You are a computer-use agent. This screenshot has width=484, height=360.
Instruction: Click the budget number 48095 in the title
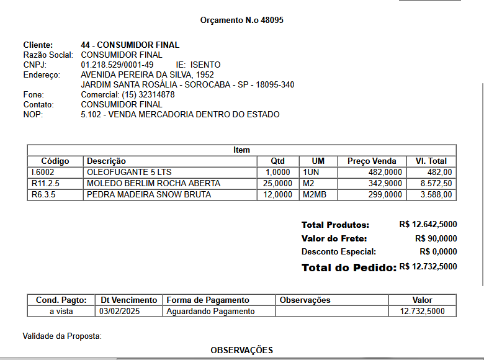pyautogui.click(x=272, y=20)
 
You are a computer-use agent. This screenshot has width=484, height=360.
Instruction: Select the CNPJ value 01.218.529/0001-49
pyautogui.click(x=117, y=65)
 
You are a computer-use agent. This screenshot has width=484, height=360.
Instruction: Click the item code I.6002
pyautogui.click(x=43, y=172)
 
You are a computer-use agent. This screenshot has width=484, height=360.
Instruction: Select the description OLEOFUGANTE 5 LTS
pyautogui.click(x=128, y=172)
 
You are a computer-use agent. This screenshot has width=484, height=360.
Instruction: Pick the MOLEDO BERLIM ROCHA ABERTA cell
pyautogui.click(x=153, y=183)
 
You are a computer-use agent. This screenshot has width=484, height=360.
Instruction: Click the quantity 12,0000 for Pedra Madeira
pyautogui.click(x=277, y=194)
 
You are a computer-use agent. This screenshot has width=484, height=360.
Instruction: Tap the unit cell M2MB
pyautogui.click(x=315, y=194)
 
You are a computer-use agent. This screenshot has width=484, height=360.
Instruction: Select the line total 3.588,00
pyautogui.click(x=436, y=194)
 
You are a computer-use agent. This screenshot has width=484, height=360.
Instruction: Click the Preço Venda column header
pyautogui.click(x=372, y=161)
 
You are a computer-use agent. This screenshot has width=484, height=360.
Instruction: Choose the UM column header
pyautogui.click(x=318, y=161)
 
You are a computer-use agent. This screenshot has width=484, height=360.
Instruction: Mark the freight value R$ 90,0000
pyautogui.click(x=436, y=238)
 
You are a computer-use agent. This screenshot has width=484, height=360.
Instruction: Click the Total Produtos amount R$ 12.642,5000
pyautogui.click(x=428, y=225)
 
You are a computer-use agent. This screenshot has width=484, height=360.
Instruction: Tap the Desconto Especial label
pyautogui.click(x=339, y=252)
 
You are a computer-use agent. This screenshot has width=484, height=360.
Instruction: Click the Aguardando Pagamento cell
pyautogui.click(x=210, y=311)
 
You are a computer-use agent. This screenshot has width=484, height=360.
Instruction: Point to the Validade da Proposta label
pyautogui.click(x=62, y=336)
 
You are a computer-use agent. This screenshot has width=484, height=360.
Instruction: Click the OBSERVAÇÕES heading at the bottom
pyautogui.click(x=241, y=350)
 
